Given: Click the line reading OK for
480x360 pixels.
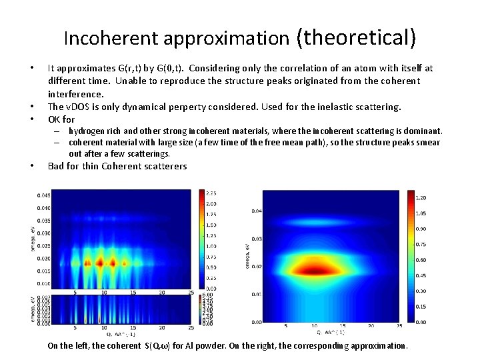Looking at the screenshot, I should [61, 119].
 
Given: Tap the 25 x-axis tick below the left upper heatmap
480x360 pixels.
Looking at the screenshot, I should [191, 292].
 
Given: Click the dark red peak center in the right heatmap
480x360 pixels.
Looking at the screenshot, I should [313, 270].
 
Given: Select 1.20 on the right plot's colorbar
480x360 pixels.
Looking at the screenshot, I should [421, 197].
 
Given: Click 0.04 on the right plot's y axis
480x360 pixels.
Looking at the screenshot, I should [257, 211].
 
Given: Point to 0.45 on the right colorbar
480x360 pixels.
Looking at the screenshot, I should [421, 275].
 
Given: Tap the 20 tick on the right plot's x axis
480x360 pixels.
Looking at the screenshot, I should [371, 326].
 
